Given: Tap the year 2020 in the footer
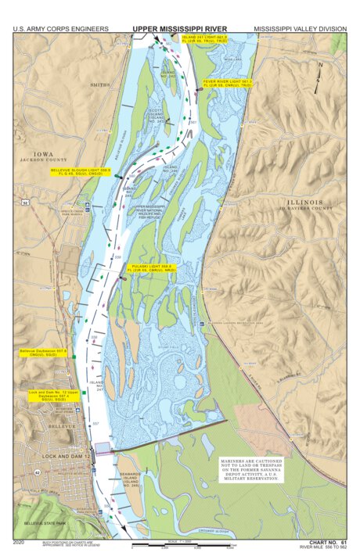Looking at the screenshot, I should [x=20, y=541].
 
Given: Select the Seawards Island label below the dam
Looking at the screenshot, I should [x=130, y=479].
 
